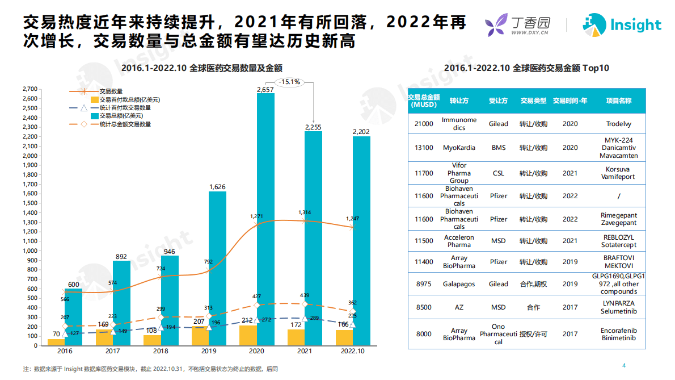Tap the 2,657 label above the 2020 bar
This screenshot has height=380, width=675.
click(x=265, y=90)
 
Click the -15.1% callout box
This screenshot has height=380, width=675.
click(x=289, y=82)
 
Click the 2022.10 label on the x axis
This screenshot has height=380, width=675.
click(x=353, y=352)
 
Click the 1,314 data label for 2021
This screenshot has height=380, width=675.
click(x=305, y=212)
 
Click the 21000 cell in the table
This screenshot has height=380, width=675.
click(x=424, y=124)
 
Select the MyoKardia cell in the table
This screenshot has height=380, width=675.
click(x=459, y=148)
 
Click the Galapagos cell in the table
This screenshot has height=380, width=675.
click(x=459, y=284)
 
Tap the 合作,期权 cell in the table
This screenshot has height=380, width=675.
click(x=533, y=284)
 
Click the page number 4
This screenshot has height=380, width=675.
click(x=624, y=365)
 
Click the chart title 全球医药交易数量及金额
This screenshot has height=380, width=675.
click(x=202, y=68)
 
